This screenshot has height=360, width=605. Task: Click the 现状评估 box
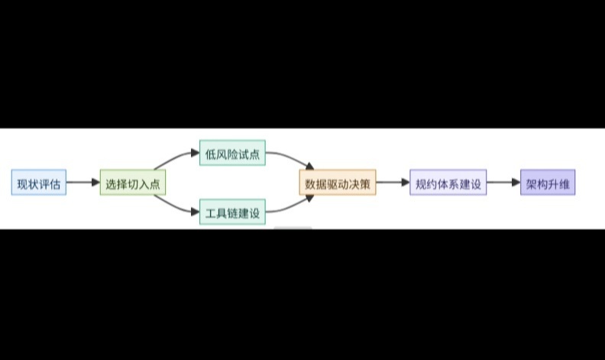39,183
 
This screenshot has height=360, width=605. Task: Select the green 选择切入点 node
133,183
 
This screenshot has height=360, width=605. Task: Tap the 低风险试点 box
232,154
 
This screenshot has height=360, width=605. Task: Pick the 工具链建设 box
232,212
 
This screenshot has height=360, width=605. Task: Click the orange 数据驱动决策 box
337,183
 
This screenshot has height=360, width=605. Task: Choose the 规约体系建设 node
448,183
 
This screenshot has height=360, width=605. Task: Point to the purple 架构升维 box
548,183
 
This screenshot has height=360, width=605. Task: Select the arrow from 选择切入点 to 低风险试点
176,157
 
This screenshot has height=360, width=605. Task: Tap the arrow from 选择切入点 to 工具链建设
176,209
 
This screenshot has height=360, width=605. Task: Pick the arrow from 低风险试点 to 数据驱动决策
290,159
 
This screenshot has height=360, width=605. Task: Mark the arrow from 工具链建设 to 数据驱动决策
290,207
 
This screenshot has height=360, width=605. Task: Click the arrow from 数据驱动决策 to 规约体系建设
393,183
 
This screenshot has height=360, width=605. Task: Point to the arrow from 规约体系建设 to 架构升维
503,183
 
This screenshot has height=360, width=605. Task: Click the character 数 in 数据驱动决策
310,183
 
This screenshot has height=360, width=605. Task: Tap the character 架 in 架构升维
532,183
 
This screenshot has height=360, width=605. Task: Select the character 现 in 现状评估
23,183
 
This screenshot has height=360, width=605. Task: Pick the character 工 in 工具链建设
211,213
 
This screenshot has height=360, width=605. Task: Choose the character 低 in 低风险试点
211,154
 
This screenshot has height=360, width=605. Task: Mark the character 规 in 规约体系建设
421,183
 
